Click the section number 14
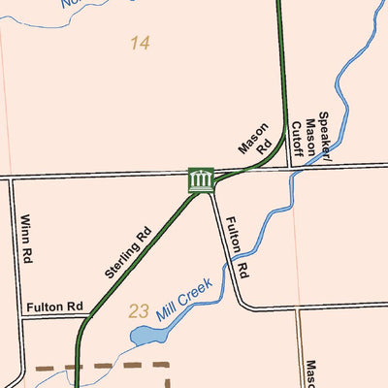pos(140,44)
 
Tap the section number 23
pos(139,311)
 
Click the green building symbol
pos(201,179)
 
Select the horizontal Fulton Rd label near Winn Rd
pos(56,307)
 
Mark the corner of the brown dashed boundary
pos(169,367)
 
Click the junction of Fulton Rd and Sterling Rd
pos(85,316)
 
